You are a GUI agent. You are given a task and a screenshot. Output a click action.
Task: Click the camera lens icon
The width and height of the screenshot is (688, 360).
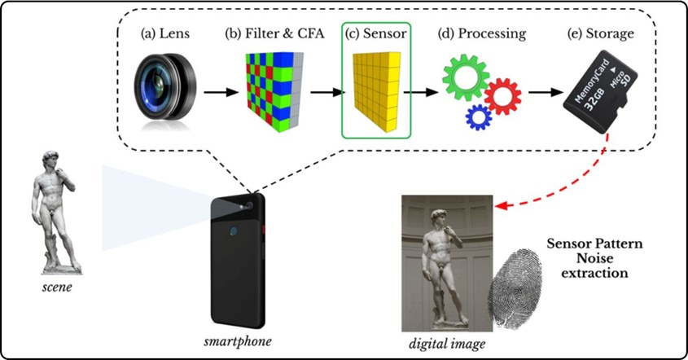point(165,88)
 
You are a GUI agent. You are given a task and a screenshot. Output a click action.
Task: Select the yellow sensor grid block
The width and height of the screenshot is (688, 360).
point(377,91)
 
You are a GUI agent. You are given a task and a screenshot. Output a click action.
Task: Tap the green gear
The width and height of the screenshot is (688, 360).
point(466,77)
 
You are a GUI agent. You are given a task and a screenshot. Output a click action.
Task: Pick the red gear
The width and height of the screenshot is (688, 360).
point(503,97)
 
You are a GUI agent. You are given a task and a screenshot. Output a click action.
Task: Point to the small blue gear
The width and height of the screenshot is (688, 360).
point(479,116)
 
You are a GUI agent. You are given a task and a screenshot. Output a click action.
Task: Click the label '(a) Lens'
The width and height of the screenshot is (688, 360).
point(165,34)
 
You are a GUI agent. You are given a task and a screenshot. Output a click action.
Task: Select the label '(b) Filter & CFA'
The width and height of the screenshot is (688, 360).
point(274,34)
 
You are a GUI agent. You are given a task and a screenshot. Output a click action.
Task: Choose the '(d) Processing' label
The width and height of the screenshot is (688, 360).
point(482,34)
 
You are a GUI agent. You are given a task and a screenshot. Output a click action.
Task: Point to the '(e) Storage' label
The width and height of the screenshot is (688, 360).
point(601,34)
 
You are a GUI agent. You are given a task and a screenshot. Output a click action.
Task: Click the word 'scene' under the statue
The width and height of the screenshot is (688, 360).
point(57,288)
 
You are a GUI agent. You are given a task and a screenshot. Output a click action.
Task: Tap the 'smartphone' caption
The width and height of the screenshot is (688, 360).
point(238,341)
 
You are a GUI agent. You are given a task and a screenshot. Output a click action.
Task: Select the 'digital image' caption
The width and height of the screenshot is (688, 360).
point(447,344)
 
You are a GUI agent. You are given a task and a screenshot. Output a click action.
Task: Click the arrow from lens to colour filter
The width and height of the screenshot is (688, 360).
point(221,92)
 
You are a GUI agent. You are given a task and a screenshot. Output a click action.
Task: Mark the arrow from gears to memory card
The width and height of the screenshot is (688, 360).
point(546,92)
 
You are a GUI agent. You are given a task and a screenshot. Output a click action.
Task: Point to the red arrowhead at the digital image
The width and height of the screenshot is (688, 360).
point(501,205)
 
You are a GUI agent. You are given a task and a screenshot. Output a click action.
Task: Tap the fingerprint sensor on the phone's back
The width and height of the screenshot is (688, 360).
point(233,231)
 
